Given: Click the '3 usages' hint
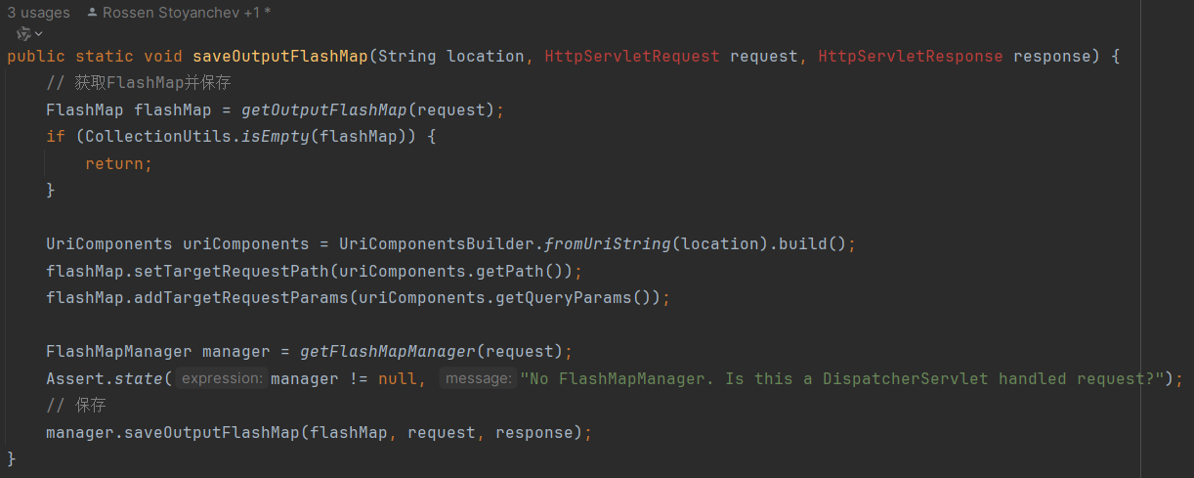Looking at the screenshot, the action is [x=38, y=13].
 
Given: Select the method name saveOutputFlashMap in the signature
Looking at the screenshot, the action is [x=279, y=56].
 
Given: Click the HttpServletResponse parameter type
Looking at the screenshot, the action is [x=910, y=56].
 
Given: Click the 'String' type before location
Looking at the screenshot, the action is [x=406, y=56].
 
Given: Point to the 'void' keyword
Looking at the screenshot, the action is [x=163, y=56].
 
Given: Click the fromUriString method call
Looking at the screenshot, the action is [x=607, y=243].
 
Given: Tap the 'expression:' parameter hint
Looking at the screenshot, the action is [x=222, y=378].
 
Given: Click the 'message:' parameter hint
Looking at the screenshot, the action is [x=478, y=378].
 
